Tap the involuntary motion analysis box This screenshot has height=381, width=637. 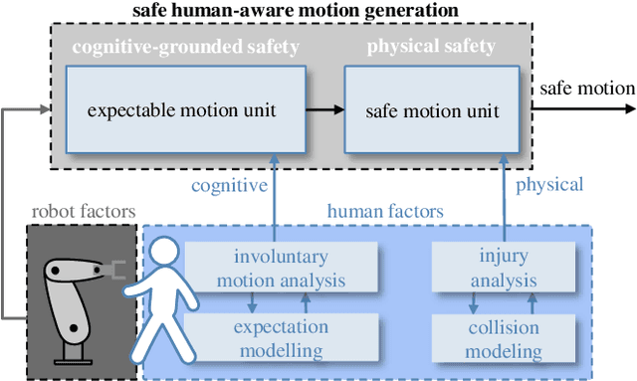click(289, 268)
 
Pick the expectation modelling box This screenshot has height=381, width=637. click(290, 338)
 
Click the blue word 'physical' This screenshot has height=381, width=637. click(548, 185)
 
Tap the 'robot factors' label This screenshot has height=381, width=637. click(83, 211)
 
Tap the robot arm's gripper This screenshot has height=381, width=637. click(117, 270)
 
